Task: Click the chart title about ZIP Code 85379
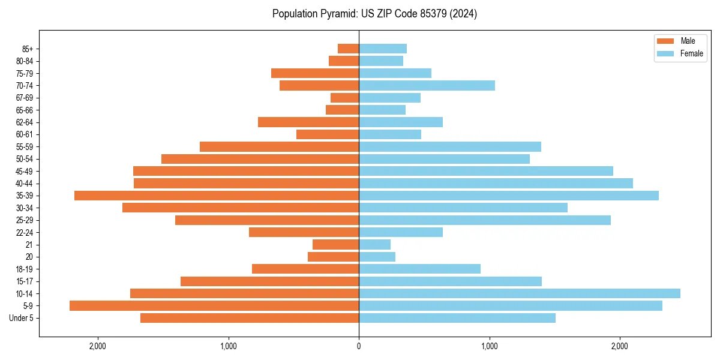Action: point(374,14)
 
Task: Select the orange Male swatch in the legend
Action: point(666,41)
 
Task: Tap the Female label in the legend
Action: point(692,53)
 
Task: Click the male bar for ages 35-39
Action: point(217,196)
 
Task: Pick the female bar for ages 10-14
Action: point(520,293)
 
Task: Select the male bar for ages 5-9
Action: point(214,306)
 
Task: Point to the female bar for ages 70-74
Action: point(427,86)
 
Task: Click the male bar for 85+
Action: point(349,49)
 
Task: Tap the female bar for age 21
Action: point(374,245)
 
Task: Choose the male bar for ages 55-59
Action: point(279,147)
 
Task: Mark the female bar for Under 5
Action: point(457,318)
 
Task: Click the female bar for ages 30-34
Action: point(463,208)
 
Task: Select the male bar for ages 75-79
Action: point(315,73)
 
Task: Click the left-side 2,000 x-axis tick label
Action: point(97,346)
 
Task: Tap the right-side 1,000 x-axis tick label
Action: point(489,346)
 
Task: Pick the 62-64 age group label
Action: point(25,122)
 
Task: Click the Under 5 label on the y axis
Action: point(22,318)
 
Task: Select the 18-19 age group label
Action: point(25,269)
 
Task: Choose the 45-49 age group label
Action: point(25,172)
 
